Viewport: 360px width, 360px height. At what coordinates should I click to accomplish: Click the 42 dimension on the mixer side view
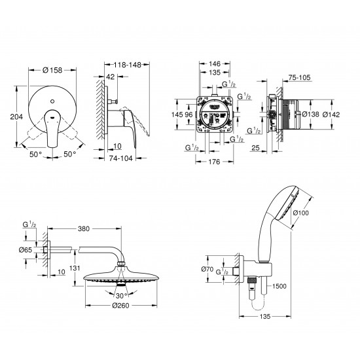[x=110, y=77]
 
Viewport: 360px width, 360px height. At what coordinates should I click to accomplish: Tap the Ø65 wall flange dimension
[x=26, y=250]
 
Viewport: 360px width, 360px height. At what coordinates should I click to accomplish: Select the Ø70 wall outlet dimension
[x=209, y=268]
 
